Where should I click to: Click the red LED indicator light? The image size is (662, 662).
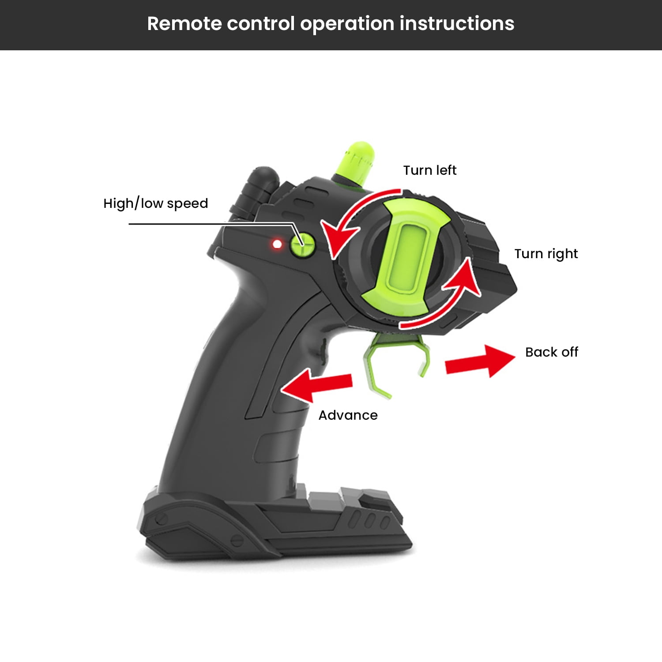[x=277, y=244]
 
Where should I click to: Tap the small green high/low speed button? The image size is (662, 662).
[x=303, y=244]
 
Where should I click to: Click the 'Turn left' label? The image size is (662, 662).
[x=430, y=170]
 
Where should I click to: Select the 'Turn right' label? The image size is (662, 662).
[x=546, y=254]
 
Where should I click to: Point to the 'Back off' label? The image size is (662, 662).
[x=552, y=352]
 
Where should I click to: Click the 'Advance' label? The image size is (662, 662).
[x=348, y=415]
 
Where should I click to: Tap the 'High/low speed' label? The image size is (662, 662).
[x=155, y=203]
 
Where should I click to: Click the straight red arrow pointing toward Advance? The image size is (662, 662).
[x=316, y=385]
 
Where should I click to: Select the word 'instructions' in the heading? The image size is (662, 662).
[x=457, y=23]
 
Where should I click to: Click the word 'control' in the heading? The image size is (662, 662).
[x=260, y=23]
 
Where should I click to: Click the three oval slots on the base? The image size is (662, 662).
[x=369, y=520]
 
